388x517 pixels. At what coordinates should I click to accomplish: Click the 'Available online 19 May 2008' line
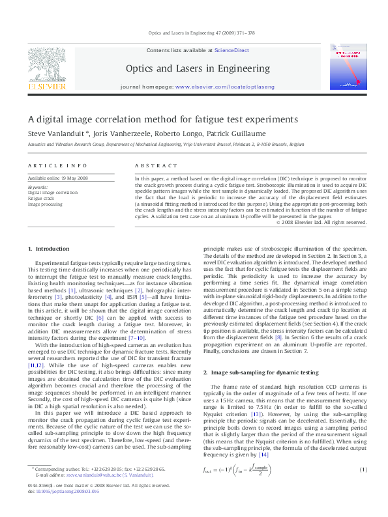(x=58, y=178)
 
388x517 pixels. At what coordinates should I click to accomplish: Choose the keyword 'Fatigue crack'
(x=42, y=199)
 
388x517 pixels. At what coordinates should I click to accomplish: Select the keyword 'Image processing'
(x=45, y=204)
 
